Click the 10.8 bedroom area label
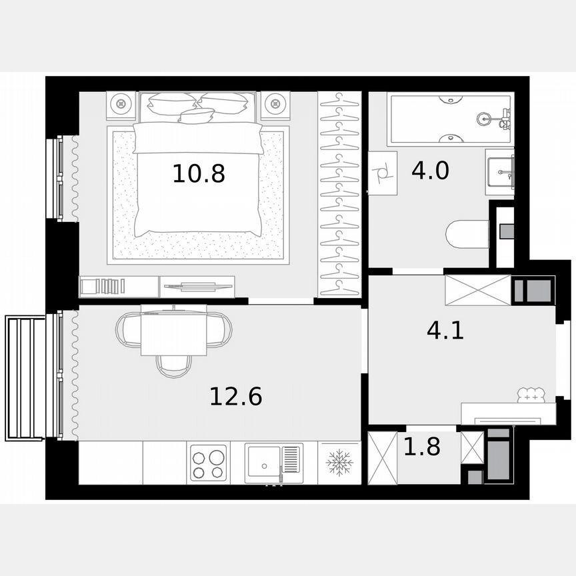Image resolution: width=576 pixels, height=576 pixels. pyautogui.click(x=199, y=174)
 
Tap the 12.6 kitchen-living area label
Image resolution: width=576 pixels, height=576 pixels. pyautogui.click(x=235, y=397)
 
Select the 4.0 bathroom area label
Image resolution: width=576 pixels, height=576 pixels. pyautogui.click(x=430, y=171)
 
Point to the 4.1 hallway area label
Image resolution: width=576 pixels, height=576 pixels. pyautogui.click(x=445, y=329)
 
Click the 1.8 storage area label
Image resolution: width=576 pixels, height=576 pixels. pyautogui.click(x=422, y=447)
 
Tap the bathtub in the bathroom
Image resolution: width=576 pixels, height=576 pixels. pyautogui.click(x=451, y=120)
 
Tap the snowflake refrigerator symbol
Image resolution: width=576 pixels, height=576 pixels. pyautogui.click(x=339, y=463)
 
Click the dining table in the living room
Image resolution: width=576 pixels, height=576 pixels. pyautogui.click(x=173, y=331)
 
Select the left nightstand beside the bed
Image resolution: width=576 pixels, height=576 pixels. pyautogui.click(x=122, y=104)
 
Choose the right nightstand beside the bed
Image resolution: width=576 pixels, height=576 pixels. pyautogui.click(x=275, y=104)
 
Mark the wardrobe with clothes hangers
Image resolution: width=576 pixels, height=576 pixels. pyautogui.click(x=339, y=193)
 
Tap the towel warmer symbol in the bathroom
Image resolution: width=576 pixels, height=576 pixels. pyautogui.click(x=383, y=173)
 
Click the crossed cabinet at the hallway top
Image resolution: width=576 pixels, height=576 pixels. pyautogui.click(x=477, y=289)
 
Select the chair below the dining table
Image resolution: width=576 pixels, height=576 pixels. pyautogui.click(x=173, y=364)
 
